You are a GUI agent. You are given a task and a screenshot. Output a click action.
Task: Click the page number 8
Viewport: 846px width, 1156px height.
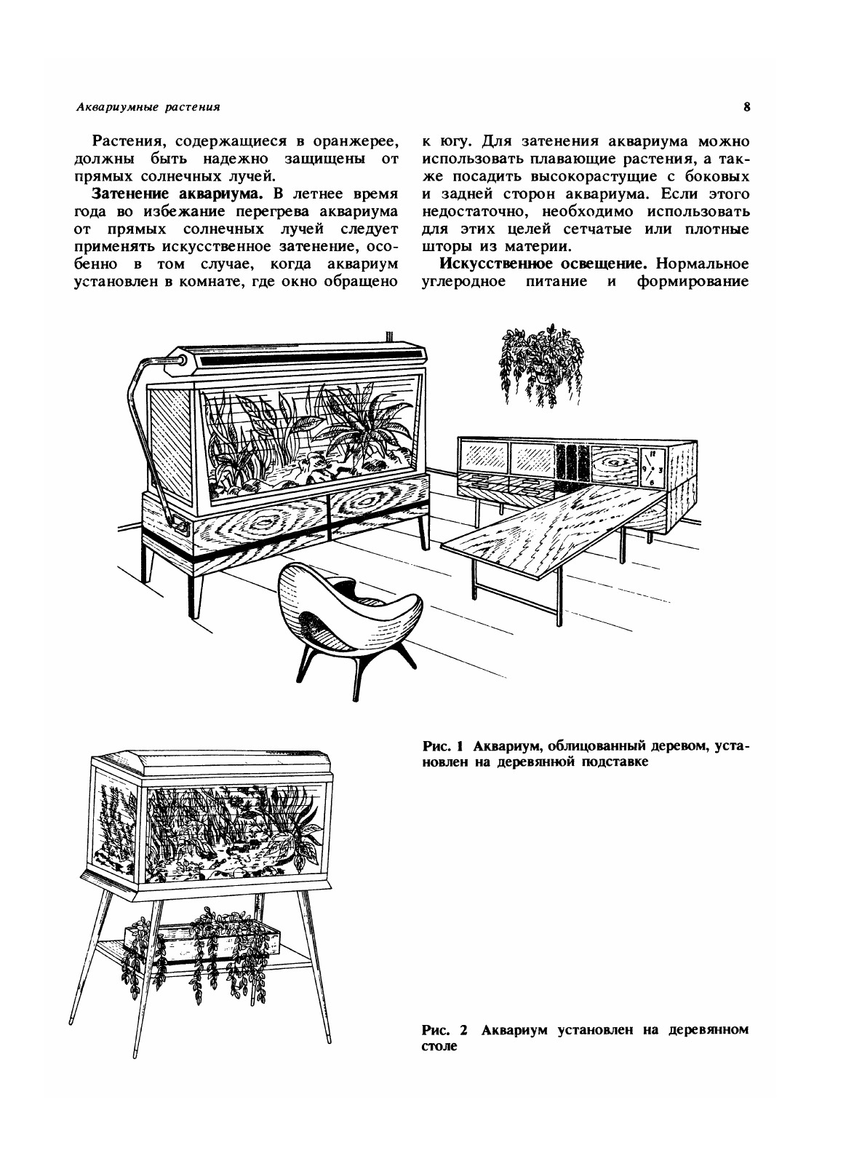(x=746, y=107)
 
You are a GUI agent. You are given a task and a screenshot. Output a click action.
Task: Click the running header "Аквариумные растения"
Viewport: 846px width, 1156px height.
(x=148, y=108)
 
